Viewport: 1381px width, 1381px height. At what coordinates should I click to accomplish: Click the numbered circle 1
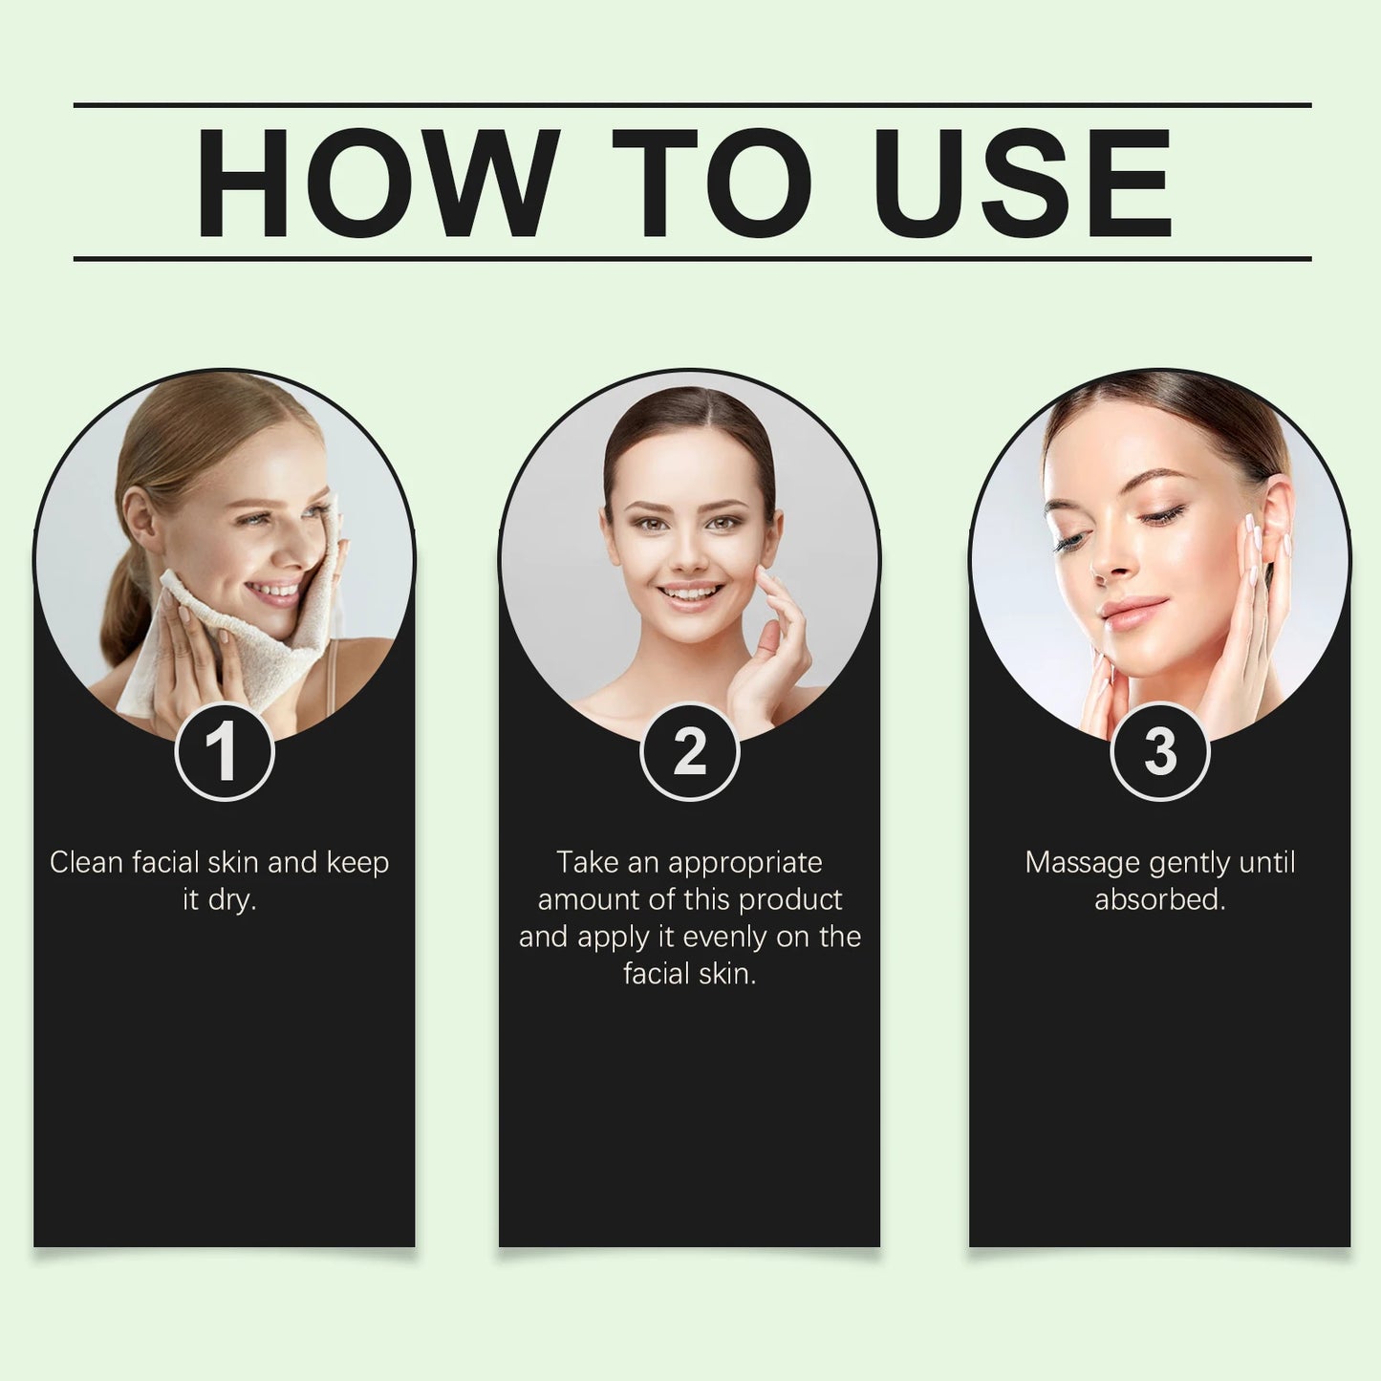[x=225, y=751]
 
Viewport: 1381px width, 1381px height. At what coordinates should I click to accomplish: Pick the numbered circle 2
[x=689, y=751]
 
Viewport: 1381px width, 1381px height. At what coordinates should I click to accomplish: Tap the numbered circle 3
[x=1159, y=751]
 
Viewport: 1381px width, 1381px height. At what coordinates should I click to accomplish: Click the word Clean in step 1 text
[x=87, y=863]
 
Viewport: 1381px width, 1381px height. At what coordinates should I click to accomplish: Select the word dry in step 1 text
[x=231, y=900]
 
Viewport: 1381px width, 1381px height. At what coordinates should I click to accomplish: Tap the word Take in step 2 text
[x=588, y=863]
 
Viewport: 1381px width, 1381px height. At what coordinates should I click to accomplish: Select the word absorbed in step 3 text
[x=1159, y=900]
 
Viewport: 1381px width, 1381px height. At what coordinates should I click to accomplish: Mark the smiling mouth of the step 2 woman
[x=689, y=594]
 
